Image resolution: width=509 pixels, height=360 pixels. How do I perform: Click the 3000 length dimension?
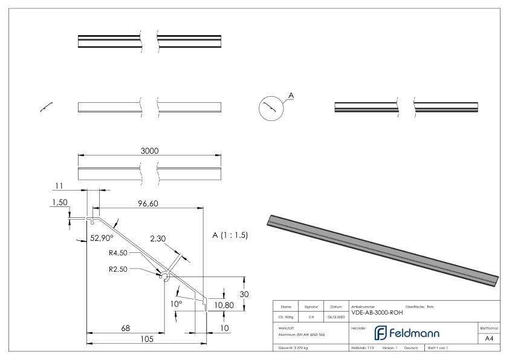coord(149,151)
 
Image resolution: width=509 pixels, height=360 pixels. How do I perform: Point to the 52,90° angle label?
coord(102,238)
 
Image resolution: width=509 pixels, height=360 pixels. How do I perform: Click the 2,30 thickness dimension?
coord(158,240)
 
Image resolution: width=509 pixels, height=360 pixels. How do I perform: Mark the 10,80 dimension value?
coord(224,305)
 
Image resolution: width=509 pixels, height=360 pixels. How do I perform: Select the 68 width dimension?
coord(125,328)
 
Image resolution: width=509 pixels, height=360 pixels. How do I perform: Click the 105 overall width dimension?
coord(147,339)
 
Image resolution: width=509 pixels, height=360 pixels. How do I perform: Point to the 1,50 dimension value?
coord(59,203)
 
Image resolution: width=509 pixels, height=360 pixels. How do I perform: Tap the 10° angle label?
coord(176,304)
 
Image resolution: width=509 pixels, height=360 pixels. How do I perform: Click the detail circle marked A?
coord(271,109)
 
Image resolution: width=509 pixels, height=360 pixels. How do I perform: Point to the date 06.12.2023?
coord(336,315)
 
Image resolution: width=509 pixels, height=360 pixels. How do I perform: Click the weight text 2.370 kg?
coord(293,349)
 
